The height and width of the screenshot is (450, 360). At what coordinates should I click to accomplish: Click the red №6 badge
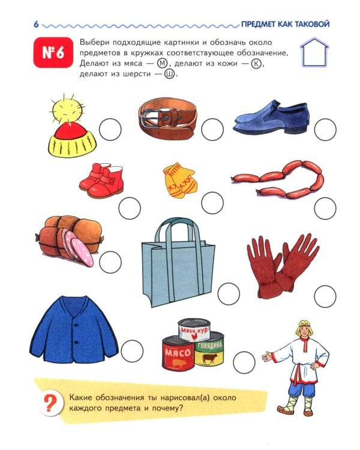53,52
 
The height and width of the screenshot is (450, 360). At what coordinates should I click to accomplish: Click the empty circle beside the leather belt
212,130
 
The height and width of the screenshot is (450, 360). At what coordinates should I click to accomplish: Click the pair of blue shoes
271,118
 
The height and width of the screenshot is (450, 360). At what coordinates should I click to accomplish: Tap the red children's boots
101,180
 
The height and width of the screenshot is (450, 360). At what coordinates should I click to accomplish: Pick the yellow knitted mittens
179,181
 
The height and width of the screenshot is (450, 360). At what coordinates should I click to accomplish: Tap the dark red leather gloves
283,265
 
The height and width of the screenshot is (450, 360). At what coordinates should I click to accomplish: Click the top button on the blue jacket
76,325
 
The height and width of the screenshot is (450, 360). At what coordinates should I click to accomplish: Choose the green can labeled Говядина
209,350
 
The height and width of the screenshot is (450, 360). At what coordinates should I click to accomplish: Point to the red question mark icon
50,403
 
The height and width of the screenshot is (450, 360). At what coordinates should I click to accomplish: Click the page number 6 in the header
36,24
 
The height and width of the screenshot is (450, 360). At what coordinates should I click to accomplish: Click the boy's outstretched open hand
268,357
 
